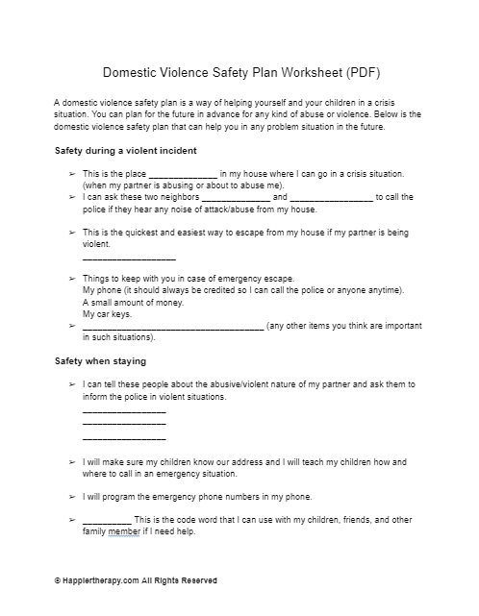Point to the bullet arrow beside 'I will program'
click(72, 497)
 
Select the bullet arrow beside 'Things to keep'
click(72, 277)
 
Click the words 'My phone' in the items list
click(101, 289)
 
